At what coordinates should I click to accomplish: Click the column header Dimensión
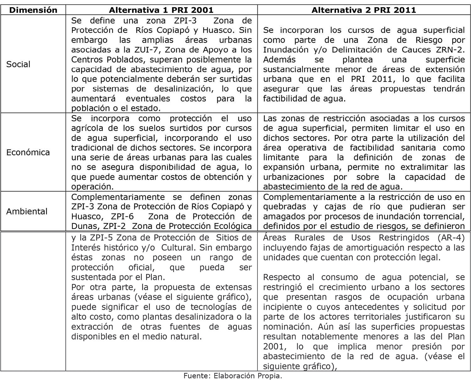click(x=33, y=10)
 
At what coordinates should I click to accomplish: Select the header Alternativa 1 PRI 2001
click(x=161, y=10)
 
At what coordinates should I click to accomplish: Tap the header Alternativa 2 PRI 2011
click(x=364, y=10)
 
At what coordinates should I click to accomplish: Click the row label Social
click(x=18, y=64)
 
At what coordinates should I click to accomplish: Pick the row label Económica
click(x=28, y=153)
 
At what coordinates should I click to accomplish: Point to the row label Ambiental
click(x=27, y=211)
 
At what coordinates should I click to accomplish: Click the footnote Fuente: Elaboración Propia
click(x=233, y=376)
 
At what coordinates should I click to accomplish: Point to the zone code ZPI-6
click(x=124, y=217)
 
